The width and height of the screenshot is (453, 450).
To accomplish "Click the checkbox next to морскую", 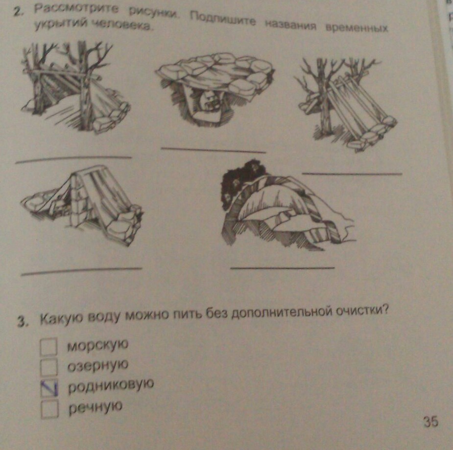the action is (x=48, y=347).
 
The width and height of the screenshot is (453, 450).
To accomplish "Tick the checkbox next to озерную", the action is (x=48, y=367).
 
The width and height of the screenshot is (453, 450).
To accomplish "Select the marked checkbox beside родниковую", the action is (x=49, y=387).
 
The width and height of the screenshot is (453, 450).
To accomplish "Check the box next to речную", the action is (x=49, y=409).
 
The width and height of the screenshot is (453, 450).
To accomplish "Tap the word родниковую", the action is (x=111, y=385).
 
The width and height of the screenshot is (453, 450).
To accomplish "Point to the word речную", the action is (x=95, y=407).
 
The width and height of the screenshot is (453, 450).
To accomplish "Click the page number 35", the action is (x=431, y=422).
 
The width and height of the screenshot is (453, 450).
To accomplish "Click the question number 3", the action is (x=22, y=322).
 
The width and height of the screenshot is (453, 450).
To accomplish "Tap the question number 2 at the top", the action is (x=18, y=12).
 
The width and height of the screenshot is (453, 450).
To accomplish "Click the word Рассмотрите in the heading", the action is (x=76, y=9).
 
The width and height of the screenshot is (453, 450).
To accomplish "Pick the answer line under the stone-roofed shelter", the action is (x=214, y=150).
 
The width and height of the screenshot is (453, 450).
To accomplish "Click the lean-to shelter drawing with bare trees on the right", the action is (x=346, y=104).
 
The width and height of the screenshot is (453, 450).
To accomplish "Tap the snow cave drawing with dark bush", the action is (x=288, y=204).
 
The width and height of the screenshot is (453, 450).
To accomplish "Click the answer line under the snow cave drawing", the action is (x=283, y=268).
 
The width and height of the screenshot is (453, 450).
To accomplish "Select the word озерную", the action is (x=97, y=365).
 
